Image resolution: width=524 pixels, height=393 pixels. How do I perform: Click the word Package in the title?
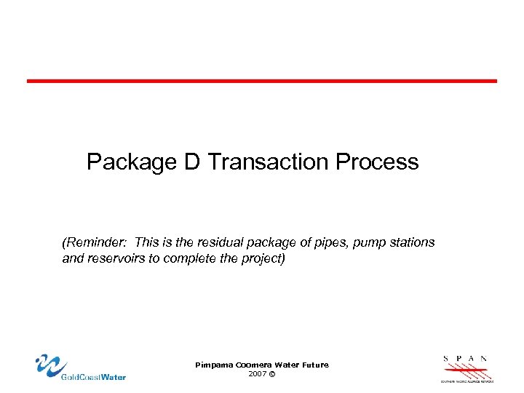[x=132, y=162]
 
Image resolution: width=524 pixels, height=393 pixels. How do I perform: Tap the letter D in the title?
[x=191, y=161]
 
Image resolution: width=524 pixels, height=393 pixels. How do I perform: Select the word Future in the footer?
[x=314, y=364]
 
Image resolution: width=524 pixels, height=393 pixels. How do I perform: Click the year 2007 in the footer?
[x=257, y=373]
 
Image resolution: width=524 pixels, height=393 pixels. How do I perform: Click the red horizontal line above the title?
[x=262, y=81]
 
